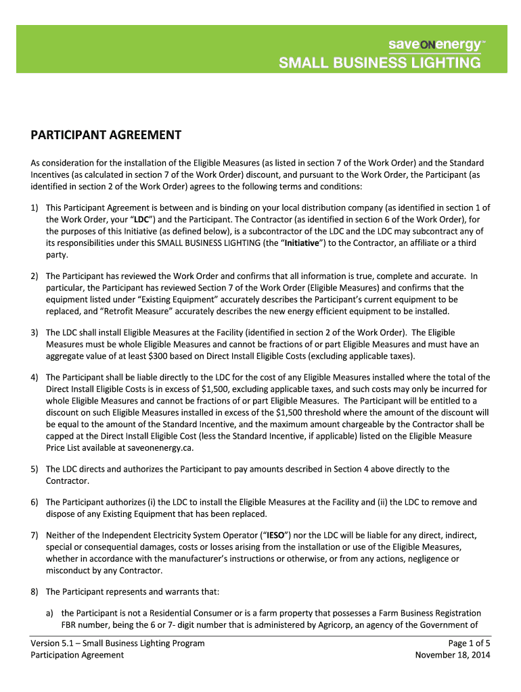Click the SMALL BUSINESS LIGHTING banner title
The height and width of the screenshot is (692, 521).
(x=380, y=64)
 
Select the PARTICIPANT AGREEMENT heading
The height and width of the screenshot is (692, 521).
(x=106, y=135)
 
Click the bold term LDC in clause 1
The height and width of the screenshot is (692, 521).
(x=141, y=220)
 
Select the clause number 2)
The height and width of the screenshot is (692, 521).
(x=35, y=276)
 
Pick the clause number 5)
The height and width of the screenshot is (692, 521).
(x=35, y=469)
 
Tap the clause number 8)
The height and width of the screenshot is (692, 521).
(x=35, y=592)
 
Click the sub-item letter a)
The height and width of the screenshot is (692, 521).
(x=51, y=613)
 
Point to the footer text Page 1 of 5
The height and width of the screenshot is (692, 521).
(x=465, y=643)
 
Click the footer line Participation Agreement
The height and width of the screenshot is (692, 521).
(x=77, y=655)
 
